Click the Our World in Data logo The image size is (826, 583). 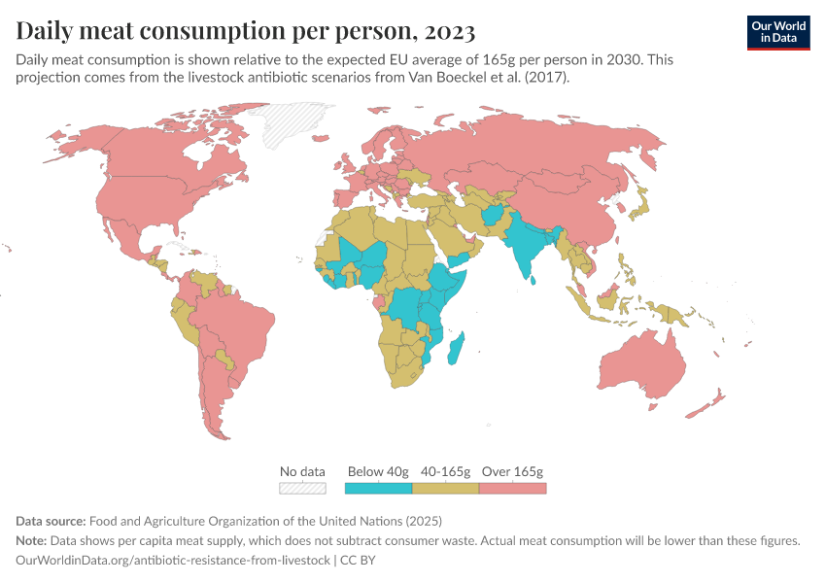777,32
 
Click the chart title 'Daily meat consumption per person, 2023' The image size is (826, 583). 246,31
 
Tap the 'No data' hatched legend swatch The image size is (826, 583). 302,488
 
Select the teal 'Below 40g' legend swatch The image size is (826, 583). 378,488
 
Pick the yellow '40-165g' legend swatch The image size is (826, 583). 446,488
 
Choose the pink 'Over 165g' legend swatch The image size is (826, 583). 513,488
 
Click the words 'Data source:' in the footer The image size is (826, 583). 52,520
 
